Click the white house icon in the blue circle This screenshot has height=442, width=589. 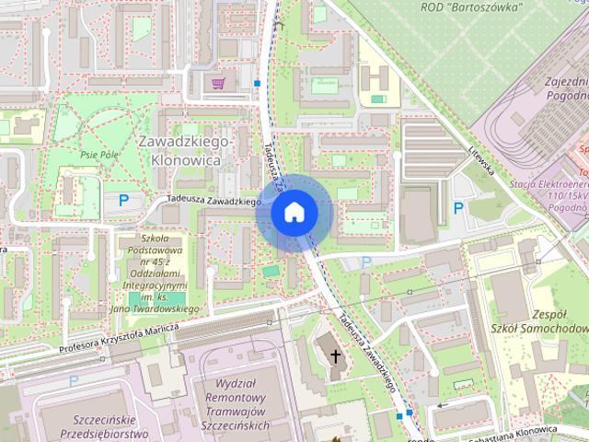[294, 212]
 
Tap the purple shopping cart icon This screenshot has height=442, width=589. [218, 84]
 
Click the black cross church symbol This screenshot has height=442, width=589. [335, 355]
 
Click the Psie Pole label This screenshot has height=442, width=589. [100, 155]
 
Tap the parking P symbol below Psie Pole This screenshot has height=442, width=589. [123, 199]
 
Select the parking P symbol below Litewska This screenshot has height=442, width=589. [458, 208]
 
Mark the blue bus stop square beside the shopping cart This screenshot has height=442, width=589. [258, 84]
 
